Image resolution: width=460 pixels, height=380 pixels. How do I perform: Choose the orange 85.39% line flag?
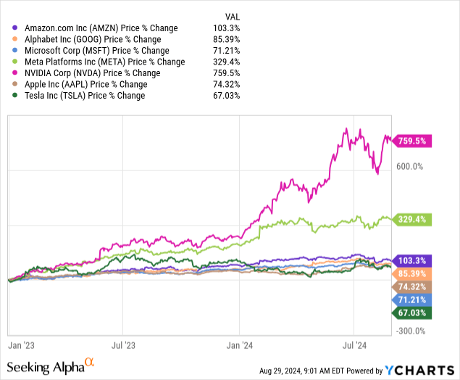412,273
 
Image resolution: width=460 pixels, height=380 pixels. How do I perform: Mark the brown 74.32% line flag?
412,286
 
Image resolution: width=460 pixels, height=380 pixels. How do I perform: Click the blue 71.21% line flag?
412,300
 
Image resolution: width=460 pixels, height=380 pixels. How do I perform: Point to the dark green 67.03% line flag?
412,313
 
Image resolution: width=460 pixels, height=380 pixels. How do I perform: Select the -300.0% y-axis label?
409,331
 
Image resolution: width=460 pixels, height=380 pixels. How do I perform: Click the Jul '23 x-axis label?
124,347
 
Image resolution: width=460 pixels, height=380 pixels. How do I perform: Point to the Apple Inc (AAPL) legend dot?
8,84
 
